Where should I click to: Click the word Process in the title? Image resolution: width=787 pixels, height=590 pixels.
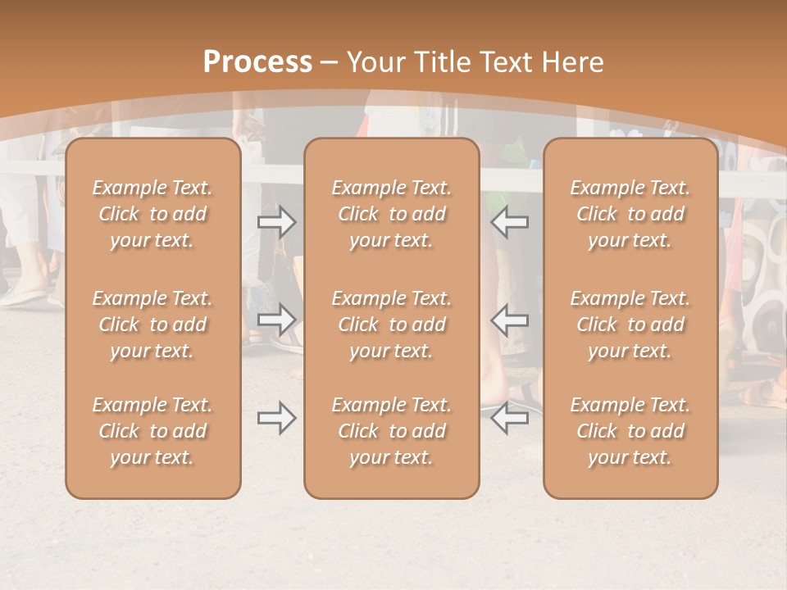coord(257,62)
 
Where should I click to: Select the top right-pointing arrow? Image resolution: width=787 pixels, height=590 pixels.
coord(277,221)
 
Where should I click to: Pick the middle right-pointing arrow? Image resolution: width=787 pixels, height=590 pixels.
coord(277,320)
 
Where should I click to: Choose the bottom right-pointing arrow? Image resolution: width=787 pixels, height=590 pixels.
coord(277,419)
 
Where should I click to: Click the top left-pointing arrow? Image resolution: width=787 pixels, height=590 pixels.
coord(510,221)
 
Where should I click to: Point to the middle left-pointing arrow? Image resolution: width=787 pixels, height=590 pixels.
coord(510,320)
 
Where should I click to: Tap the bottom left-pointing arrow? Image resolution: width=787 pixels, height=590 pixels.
coord(510,419)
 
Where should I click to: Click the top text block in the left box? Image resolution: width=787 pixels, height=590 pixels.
coord(152,214)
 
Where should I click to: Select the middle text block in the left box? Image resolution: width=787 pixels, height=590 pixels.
coord(152,324)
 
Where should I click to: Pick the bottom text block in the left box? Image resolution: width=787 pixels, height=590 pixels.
coord(152,431)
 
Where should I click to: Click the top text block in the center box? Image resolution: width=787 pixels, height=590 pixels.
coord(391,214)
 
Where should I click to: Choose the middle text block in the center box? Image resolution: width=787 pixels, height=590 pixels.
coord(391,324)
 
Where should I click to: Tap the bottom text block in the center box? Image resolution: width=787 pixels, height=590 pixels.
coord(391,431)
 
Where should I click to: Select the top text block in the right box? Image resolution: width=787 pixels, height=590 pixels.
coord(630,214)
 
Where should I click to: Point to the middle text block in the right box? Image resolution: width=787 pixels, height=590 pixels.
coord(630,324)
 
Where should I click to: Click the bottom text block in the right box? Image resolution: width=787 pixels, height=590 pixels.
coord(630,431)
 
